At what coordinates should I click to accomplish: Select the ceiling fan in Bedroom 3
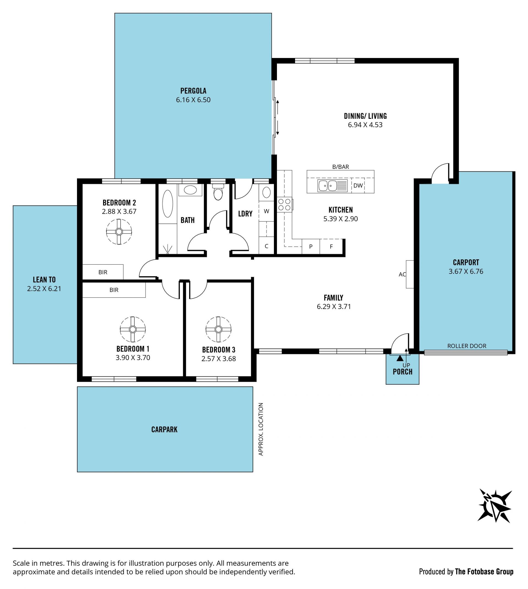(218, 329)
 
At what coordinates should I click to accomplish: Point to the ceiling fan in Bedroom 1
(133, 329)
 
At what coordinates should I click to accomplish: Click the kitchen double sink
(332, 186)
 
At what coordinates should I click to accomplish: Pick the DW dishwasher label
(358, 186)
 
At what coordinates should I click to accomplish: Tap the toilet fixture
(218, 192)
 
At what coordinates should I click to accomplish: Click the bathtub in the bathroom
(167, 204)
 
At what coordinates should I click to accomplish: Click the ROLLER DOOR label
(466, 346)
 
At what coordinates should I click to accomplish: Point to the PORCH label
(402, 372)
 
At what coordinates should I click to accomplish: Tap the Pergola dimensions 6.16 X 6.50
(193, 100)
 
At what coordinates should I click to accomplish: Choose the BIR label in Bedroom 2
(103, 272)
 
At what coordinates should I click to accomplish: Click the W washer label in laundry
(266, 211)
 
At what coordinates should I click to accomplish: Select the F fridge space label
(331, 247)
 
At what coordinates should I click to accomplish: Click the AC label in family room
(402, 274)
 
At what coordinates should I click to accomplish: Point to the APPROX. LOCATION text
(260, 429)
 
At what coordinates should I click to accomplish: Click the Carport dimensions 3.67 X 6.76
(466, 272)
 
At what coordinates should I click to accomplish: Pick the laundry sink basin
(266, 192)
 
